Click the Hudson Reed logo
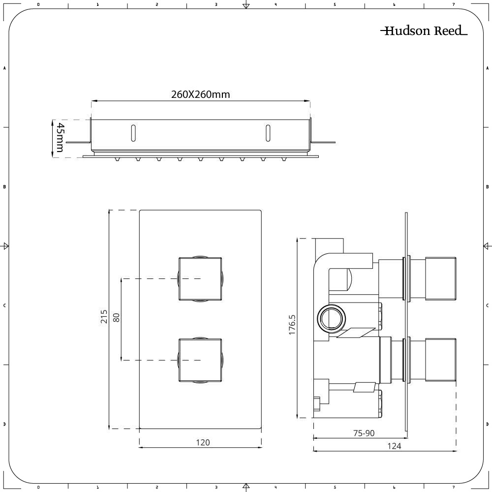point(424,31)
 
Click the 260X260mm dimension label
point(200,94)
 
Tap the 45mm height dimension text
point(60,137)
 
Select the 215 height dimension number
point(104,317)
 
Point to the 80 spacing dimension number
point(117,317)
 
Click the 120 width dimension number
point(203,442)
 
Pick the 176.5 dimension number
point(292,326)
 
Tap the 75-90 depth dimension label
point(364,433)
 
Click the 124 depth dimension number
point(394,446)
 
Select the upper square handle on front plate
point(200,278)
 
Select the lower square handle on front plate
point(200,360)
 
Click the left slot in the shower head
point(133,133)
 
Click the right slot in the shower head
point(268,133)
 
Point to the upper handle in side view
point(441,278)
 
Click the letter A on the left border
point(4,68)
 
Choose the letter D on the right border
point(487,424)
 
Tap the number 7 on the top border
point(453,4)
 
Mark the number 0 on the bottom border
point(38,488)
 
